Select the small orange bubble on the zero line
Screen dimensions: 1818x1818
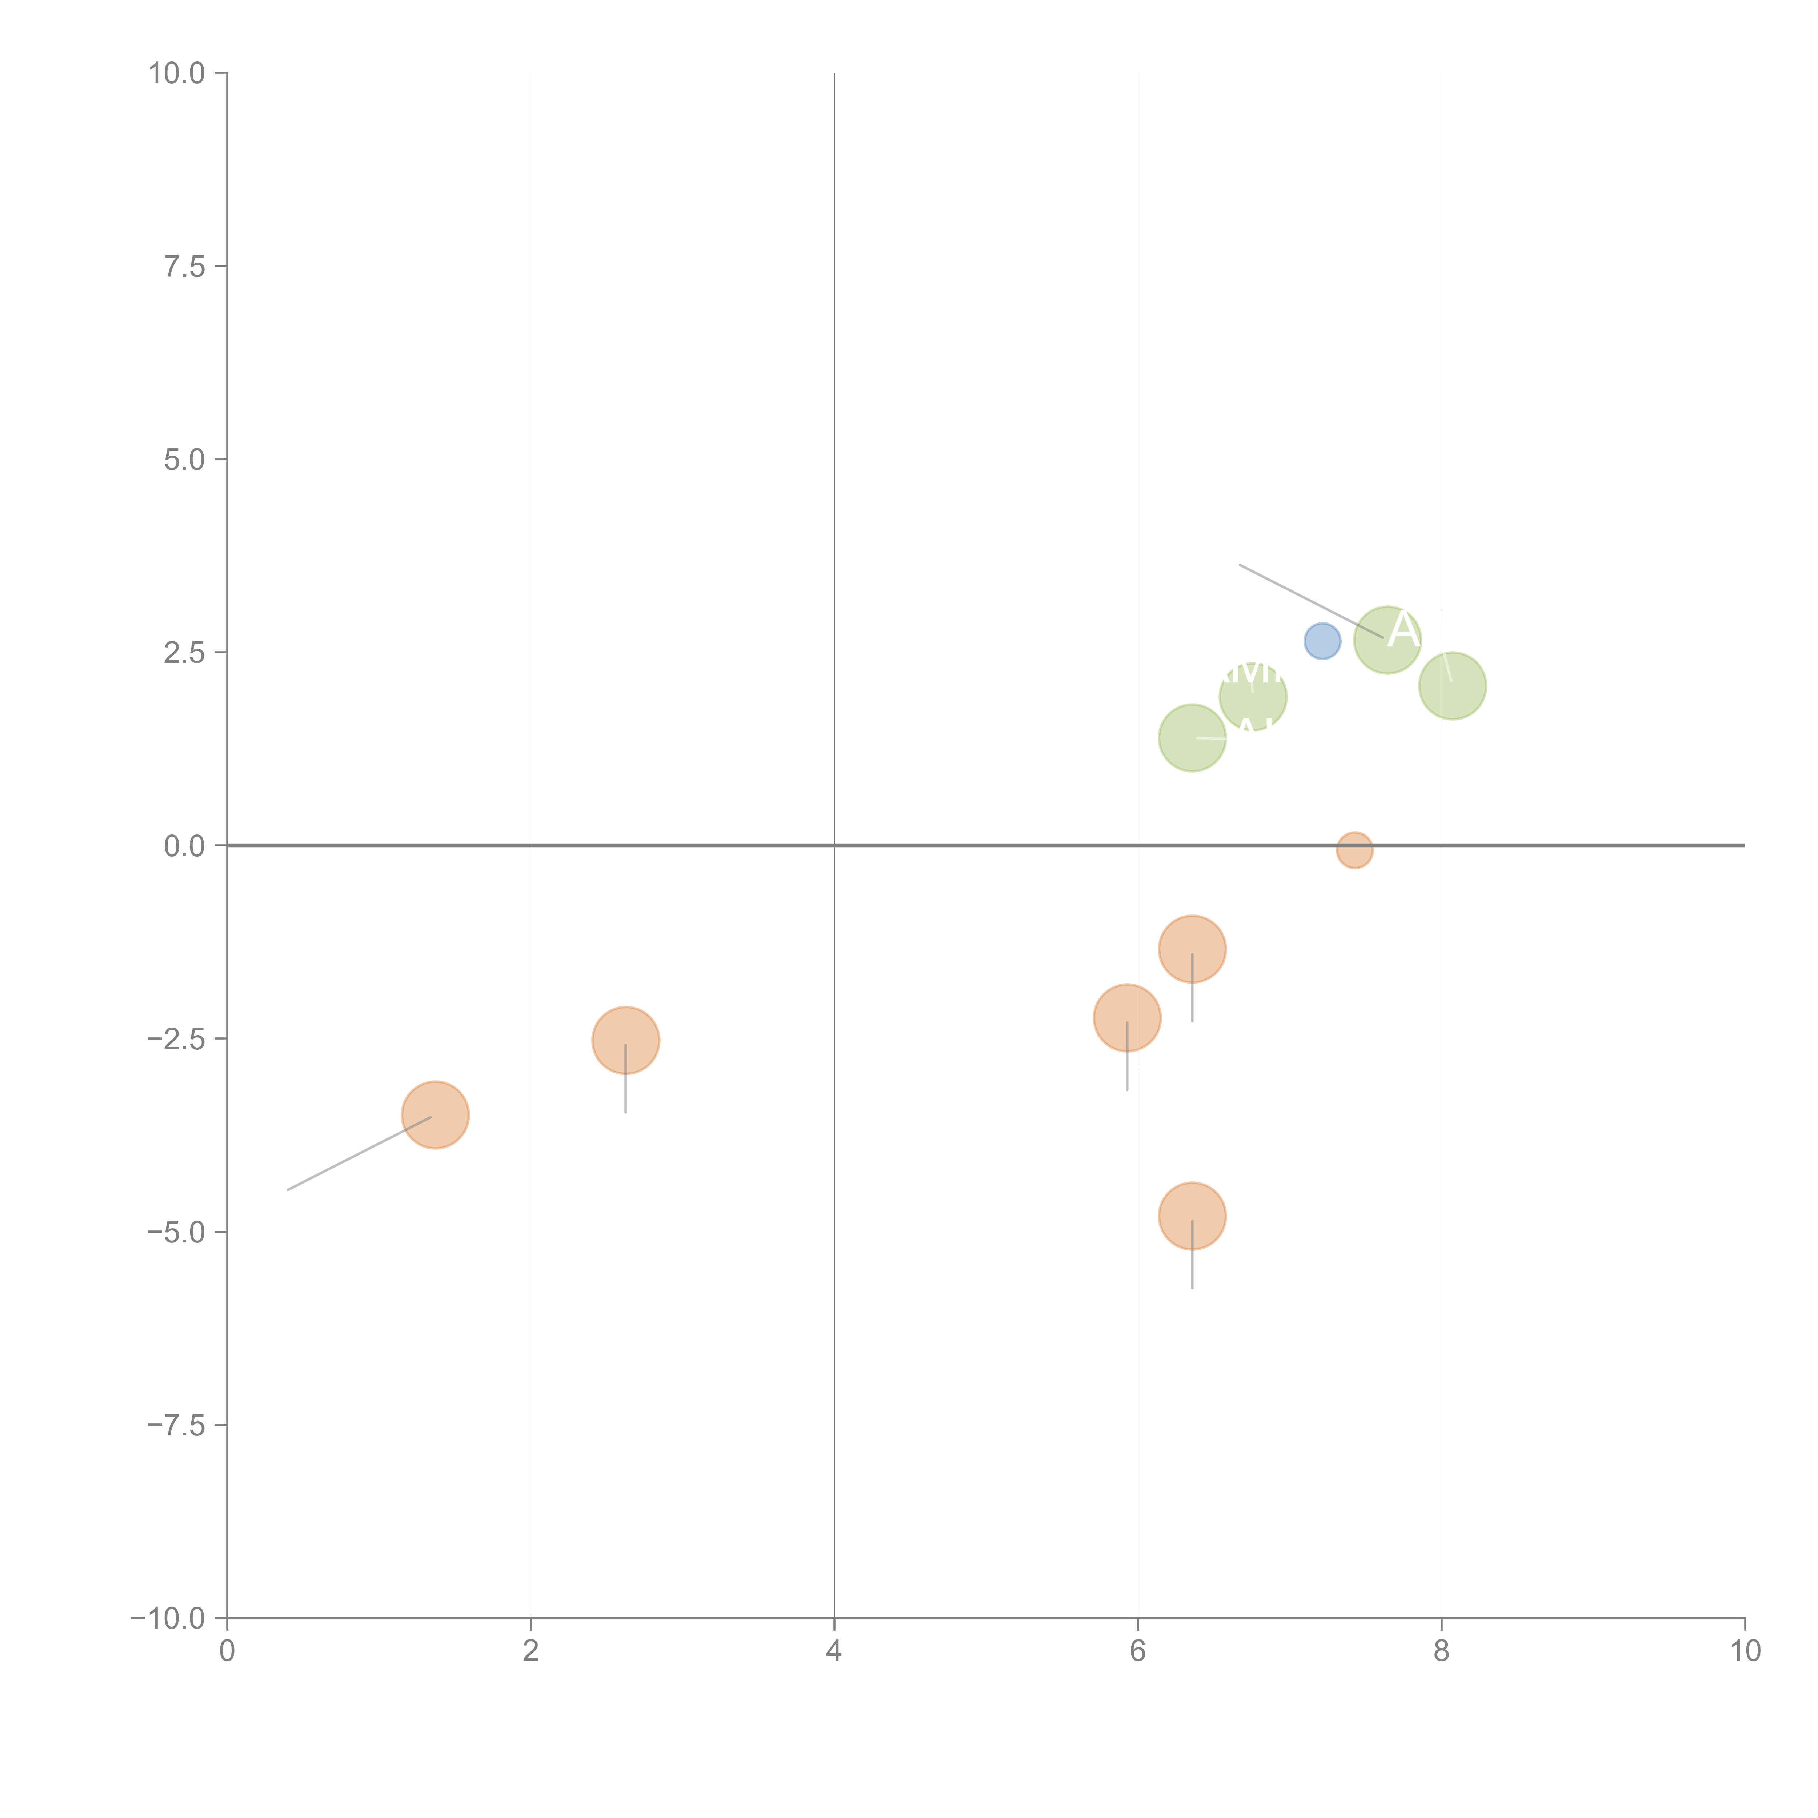[1354, 850]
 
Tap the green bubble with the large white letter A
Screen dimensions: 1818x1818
[1387, 640]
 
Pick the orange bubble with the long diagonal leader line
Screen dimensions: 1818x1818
[435, 1115]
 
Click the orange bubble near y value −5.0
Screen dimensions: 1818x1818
[1191, 1216]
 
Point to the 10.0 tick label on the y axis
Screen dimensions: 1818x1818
[177, 73]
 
